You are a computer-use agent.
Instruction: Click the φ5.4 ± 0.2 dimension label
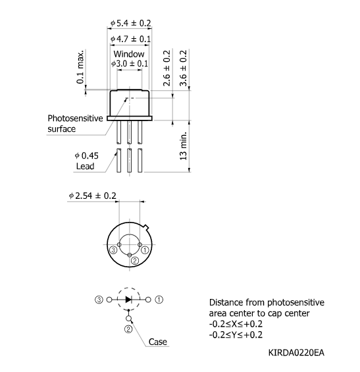130,24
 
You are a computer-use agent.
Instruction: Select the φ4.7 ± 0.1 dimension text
130,39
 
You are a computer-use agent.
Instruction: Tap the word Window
128,54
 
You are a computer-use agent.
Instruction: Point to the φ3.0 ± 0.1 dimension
130,64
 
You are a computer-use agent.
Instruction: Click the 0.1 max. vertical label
81,66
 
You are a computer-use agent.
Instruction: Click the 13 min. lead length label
184,146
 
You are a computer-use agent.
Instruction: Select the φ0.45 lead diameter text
86,155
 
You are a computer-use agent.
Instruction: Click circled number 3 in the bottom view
114,251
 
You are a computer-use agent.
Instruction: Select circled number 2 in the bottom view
134,261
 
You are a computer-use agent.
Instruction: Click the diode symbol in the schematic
129,299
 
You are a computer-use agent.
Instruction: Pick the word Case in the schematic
157,342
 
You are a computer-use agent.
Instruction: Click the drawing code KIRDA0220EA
296,353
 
